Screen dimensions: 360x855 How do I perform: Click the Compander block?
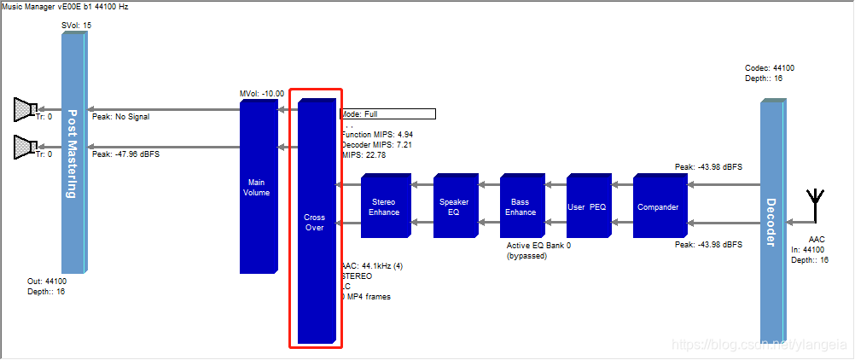pyautogui.click(x=658, y=206)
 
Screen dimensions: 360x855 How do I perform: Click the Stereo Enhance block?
pyautogui.click(x=384, y=206)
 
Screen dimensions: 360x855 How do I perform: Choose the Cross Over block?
pyautogui.click(x=314, y=222)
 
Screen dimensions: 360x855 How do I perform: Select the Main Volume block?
pyautogui.click(x=257, y=187)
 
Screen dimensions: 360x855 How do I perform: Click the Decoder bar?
pyautogui.click(x=771, y=222)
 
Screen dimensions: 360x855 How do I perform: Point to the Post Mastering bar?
pyautogui.click(x=73, y=154)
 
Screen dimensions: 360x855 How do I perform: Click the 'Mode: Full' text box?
pyautogui.click(x=388, y=113)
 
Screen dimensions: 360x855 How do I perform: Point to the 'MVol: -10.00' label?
pyautogui.click(x=262, y=93)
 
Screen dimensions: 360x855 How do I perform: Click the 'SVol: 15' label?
pyautogui.click(x=76, y=26)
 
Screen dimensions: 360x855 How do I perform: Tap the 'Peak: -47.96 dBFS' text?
pyautogui.click(x=125, y=154)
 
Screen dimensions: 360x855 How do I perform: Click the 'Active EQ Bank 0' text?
pyautogui.click(x=538, y=246)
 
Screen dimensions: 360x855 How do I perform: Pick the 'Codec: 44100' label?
pyautogui.click(x=771, y=67)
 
